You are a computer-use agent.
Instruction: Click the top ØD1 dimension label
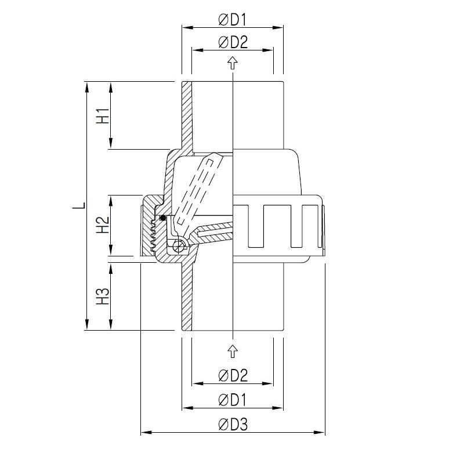point(232,20)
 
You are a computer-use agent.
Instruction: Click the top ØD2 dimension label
point(233,42)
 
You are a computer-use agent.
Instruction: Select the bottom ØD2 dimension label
point(233,375)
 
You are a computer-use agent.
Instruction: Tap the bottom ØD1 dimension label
point(232,400)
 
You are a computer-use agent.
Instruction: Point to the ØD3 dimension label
point(233,424)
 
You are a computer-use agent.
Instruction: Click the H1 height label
point(103,115)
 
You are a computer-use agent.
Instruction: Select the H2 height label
point(103,224)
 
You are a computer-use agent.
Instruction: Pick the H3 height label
point(103,296)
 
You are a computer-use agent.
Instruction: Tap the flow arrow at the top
point(233,63)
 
